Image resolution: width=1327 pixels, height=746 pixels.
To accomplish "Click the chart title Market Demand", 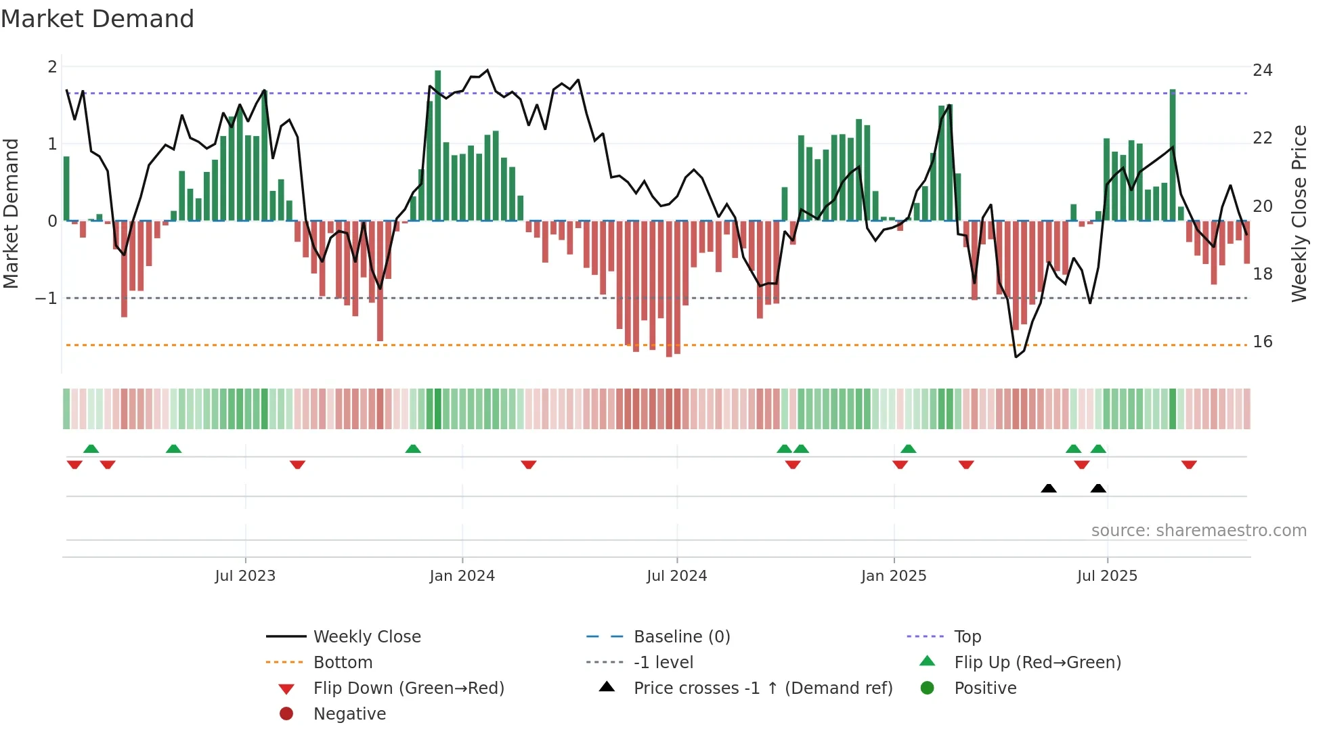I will [97, 19].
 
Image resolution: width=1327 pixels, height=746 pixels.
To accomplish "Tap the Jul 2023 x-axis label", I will [245, 576].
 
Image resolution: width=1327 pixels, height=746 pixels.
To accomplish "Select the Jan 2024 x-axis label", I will [462, 576].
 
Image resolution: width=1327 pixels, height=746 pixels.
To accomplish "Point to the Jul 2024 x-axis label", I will [677, 576].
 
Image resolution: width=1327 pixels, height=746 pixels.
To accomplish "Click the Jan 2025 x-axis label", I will [894, 576].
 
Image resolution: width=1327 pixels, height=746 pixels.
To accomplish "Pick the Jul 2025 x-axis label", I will [1108, 576].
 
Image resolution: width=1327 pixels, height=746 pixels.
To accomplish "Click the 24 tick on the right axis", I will [1263, 70].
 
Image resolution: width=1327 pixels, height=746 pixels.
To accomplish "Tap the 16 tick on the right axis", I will [1263, 342].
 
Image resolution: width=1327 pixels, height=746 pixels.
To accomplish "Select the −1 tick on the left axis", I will [46, 299].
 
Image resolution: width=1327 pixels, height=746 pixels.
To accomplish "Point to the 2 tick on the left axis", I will [52, 67].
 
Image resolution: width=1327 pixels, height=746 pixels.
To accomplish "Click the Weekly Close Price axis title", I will [1299, 213].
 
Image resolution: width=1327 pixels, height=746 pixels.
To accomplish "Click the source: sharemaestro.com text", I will [1198, 531].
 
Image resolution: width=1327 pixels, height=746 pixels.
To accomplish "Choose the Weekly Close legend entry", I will [367, 637].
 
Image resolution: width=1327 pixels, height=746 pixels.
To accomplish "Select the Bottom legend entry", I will [343, 663].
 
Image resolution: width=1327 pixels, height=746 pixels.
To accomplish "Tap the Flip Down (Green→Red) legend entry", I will [408, 688].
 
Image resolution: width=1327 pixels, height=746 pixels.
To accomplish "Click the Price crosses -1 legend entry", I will [763, 688].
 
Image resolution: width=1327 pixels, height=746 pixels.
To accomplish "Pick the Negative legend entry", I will [349, 714].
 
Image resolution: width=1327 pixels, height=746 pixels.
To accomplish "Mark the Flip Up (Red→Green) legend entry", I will [1037, 663].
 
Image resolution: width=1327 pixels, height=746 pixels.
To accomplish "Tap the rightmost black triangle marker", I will [1098, 489].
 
